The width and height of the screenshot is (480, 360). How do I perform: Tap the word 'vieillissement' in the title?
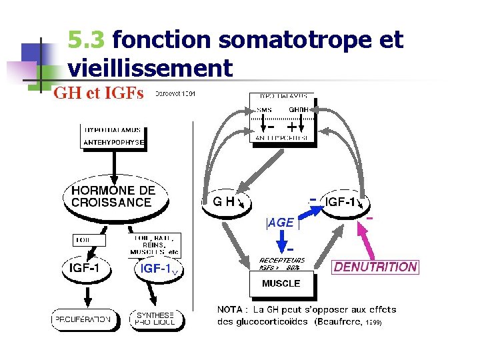click(x=150, y=68)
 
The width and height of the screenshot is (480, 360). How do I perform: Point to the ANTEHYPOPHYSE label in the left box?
click(x=113, y=142)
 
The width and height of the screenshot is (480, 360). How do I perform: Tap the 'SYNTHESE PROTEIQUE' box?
click(x=156, y=319)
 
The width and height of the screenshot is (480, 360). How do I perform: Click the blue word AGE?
click(x=281, y=223)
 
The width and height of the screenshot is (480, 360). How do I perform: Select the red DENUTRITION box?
click(x=376, y=267)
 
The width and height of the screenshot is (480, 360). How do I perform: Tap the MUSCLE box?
click(x=281, y=283)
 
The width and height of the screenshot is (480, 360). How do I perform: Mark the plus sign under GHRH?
click(x=291, y=125)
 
